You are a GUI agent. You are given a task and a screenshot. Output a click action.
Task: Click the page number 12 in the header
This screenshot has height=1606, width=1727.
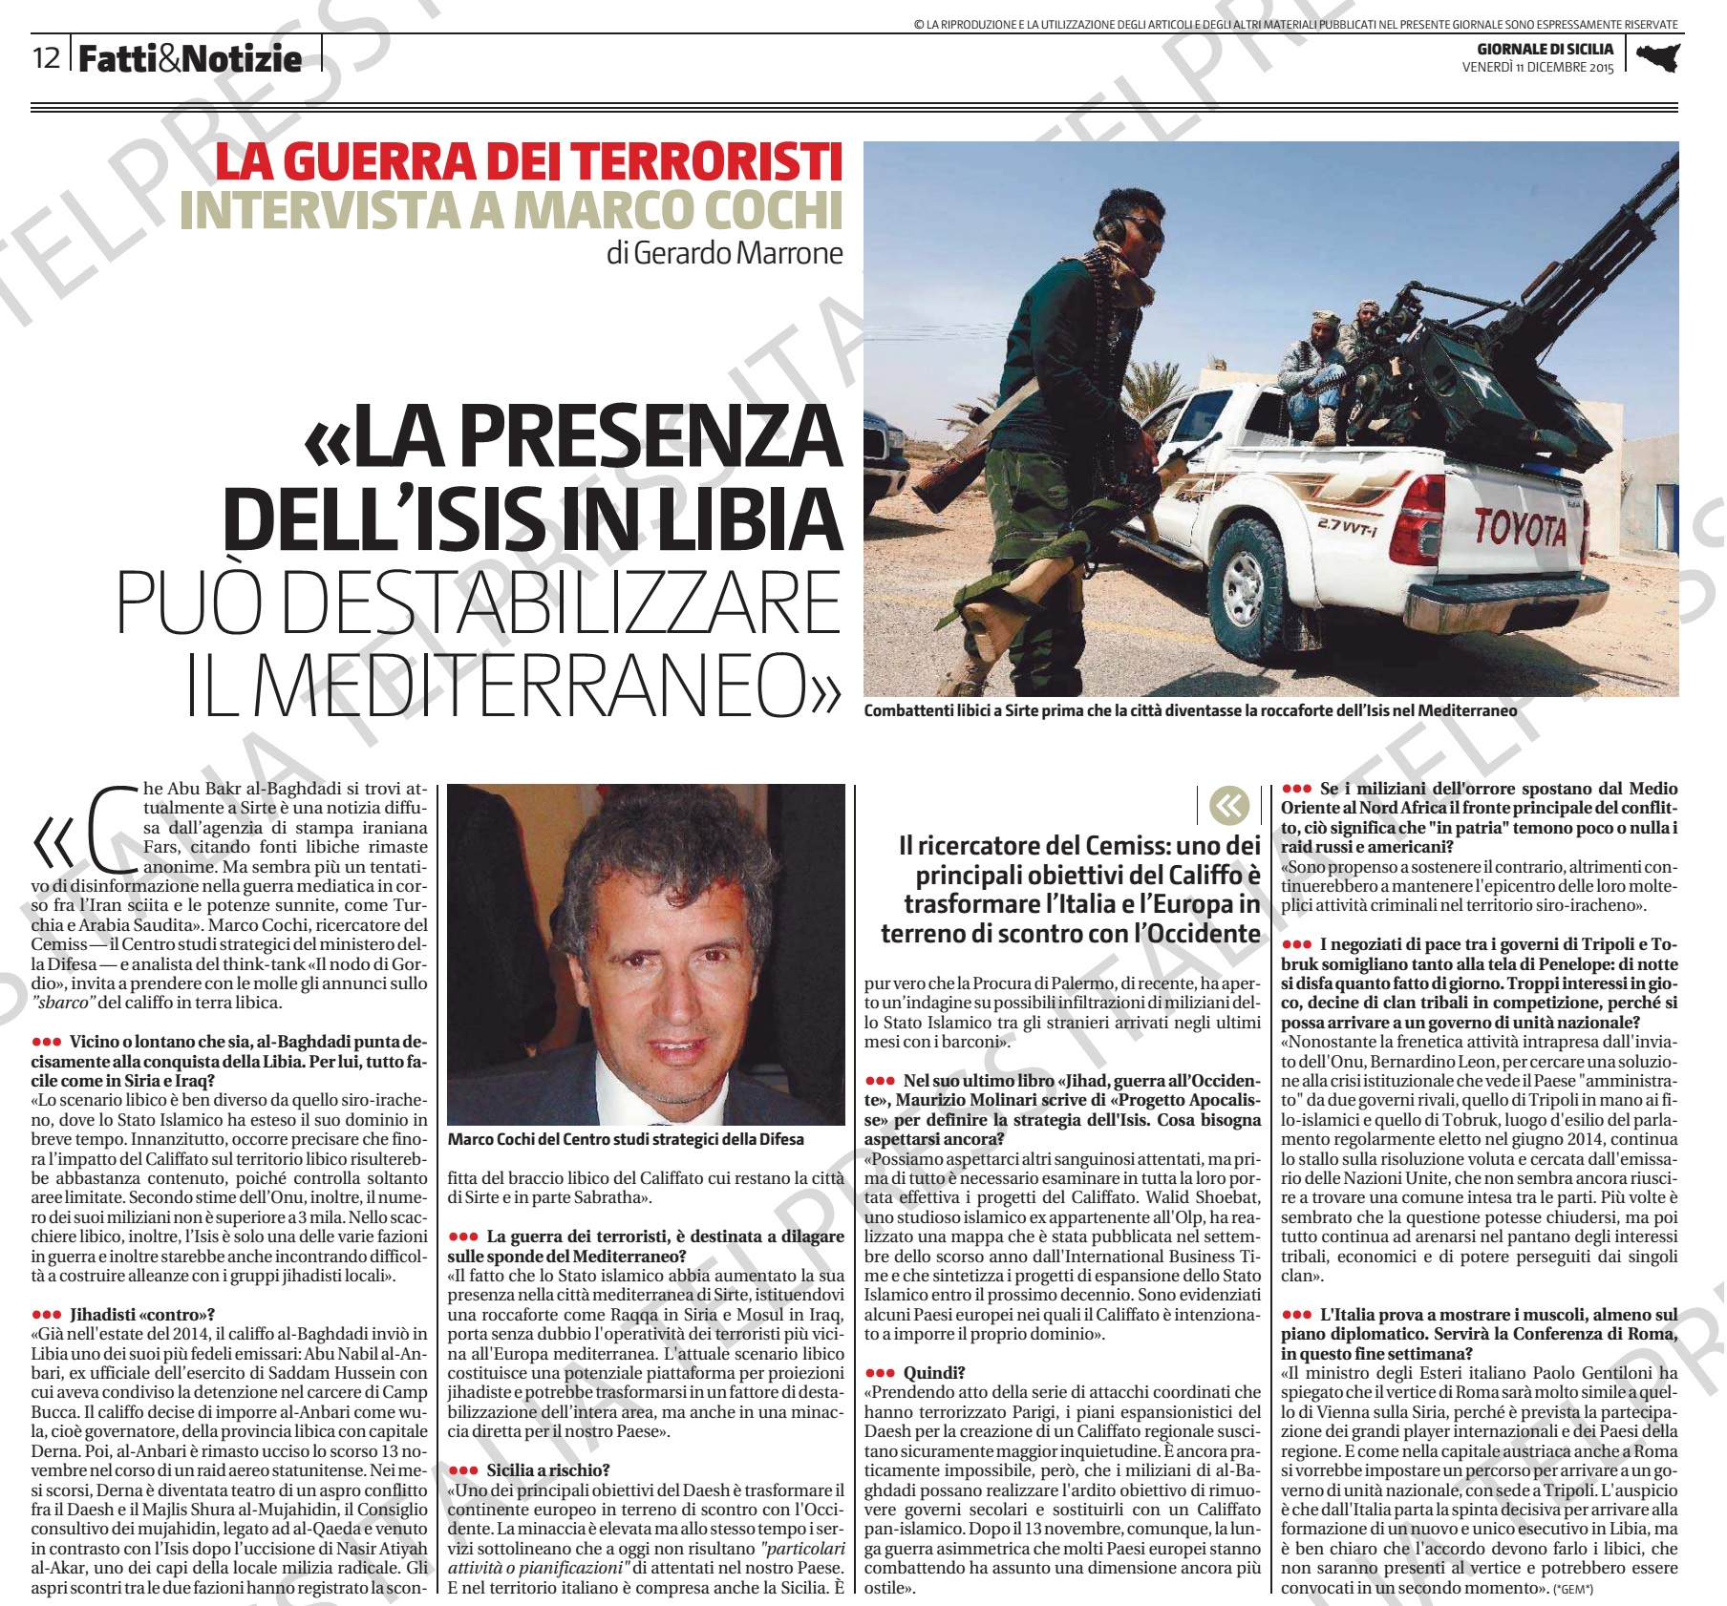coord(46,58)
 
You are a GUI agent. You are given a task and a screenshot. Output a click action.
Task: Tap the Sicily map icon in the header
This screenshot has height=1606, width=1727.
coord(1657,58)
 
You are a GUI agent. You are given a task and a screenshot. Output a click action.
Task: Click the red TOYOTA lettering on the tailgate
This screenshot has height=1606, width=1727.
coord(1520,527)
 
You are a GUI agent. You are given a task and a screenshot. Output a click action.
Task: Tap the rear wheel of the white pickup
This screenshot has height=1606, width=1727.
coord(1246,580)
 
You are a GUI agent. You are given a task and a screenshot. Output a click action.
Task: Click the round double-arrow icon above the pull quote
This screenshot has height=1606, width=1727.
coord(1228,806)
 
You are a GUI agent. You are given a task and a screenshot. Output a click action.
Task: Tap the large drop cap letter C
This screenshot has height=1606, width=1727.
coord(113,830)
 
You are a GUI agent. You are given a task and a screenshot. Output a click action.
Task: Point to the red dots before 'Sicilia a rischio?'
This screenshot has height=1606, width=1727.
coord(462,1470)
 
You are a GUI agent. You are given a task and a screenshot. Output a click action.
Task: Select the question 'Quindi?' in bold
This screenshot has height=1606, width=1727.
coord(933,1373)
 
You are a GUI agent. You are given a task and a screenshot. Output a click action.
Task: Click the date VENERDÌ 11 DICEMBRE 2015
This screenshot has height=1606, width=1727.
coord(1537,68)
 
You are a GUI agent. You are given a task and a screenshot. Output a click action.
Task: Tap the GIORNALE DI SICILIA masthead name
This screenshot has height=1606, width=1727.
coord(1545,49)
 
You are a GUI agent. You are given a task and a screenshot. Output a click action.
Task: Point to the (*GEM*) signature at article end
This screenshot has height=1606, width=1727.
coord(1573,1589)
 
